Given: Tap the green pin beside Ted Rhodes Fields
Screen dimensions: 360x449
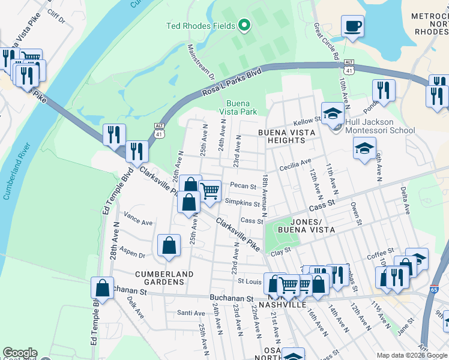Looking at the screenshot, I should point(244,25).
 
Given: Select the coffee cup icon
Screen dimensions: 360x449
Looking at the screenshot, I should point(352,27).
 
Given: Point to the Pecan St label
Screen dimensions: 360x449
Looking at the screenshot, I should point(243,187).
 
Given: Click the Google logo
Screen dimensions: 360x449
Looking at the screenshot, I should point(20,353).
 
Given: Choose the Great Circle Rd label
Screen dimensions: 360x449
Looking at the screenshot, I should point(325,41).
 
